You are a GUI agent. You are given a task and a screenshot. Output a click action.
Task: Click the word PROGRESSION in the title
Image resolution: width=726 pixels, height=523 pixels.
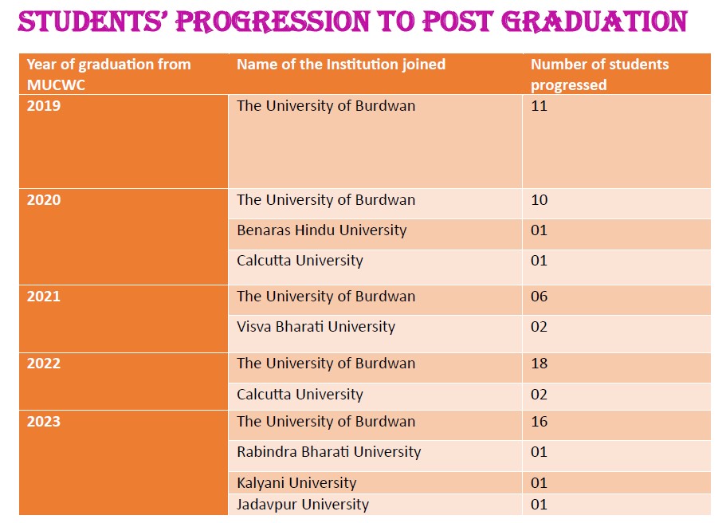273,22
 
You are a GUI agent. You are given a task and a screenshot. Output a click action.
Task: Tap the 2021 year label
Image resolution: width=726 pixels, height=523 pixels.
44,296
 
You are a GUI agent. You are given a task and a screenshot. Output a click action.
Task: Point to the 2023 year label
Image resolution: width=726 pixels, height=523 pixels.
44,421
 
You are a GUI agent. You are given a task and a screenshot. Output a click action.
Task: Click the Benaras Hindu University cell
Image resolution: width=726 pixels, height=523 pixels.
322,230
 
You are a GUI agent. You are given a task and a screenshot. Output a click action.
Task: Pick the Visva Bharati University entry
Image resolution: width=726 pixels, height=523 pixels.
316,327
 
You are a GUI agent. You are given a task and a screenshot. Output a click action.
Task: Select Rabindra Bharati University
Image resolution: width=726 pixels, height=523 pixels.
329,452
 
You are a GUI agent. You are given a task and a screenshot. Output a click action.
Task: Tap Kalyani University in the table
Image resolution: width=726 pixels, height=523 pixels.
296,482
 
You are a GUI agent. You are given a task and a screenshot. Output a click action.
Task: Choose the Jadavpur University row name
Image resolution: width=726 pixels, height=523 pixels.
303,504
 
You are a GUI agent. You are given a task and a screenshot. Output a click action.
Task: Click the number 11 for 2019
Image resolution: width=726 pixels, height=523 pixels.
539,105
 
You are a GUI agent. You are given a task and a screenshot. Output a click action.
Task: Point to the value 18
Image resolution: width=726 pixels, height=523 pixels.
539,364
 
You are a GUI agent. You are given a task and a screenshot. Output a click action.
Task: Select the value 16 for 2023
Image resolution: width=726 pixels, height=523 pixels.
539,421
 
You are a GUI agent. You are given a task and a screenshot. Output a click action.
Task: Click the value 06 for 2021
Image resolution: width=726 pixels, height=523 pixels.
539,296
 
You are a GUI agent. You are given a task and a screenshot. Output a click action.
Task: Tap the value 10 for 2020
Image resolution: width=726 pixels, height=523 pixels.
539,199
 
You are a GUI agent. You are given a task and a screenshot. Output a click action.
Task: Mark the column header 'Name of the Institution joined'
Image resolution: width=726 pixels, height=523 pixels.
341,65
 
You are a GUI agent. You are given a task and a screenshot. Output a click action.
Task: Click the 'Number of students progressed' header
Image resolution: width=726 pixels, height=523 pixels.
599,75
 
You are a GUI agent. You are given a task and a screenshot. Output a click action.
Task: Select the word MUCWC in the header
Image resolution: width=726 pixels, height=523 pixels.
56,85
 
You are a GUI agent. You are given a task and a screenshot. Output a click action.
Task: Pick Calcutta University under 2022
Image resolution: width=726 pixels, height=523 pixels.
300,394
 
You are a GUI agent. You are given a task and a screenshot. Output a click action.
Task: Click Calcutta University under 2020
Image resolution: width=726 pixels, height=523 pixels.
300,261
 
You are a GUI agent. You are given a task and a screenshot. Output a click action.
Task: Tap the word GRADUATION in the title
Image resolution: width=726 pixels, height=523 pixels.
595,22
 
